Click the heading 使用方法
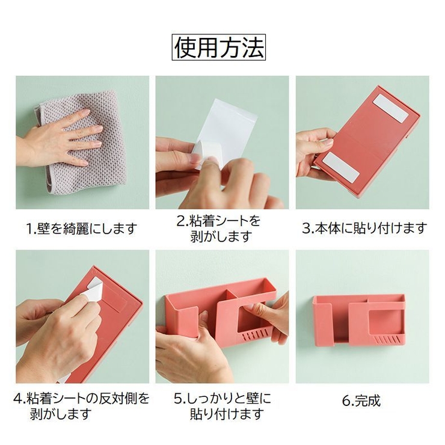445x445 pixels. [x=218, y=47]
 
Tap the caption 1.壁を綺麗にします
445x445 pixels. [x=81, y=229]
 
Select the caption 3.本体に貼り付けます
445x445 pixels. [x=364, y=228]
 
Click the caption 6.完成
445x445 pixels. [x=361, y=400]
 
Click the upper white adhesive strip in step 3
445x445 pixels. [x=391, y=108]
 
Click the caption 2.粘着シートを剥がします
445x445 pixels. [x=218, y=229]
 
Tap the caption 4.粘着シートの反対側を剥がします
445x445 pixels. [x=81, y=406]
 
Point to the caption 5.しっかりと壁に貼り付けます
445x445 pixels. [x=222, y=406]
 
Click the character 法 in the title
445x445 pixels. [x=253, y=47]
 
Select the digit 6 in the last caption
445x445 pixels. [x=346, y=400]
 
